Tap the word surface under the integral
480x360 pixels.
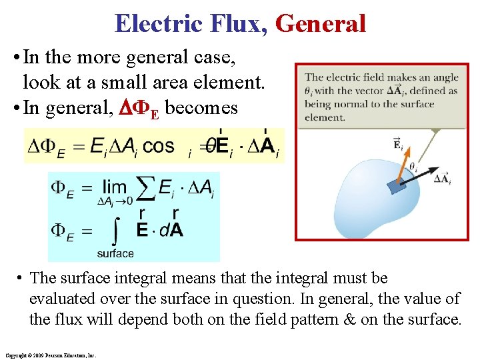pyautogui.click(x=115, y=253)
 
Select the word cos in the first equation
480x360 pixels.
pyautogui.click(x=159, y=145)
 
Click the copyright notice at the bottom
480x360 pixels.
pyautogui.click(x=50, y=355)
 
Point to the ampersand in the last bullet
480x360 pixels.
pyautogui.click(x=349, y=319)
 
